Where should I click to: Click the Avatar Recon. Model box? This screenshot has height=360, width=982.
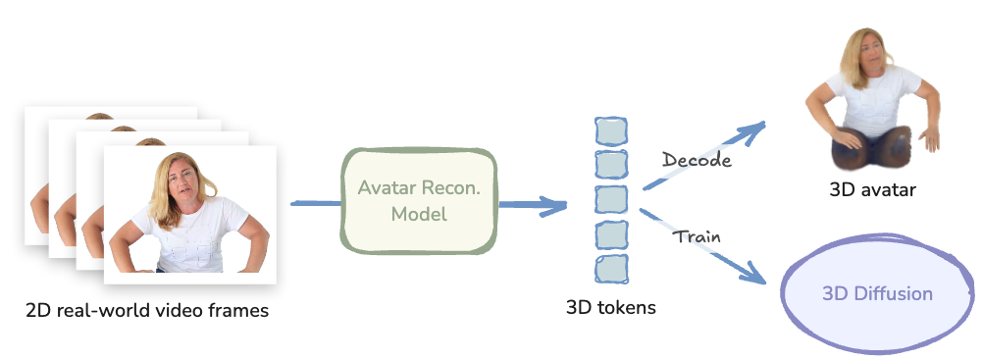(x=419, y=200)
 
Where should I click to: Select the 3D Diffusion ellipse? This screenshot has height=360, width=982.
(x=877, y=294)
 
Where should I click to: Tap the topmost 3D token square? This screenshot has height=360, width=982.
(x=611, y=131)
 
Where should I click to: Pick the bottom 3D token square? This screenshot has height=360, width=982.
(x=611, y=267)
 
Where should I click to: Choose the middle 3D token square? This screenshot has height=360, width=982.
(x=611, y=199)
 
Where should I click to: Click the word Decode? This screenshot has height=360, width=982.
(x=697, y=160)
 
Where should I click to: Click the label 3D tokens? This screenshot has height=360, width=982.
(x=611, y=308)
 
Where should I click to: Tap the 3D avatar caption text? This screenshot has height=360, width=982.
(x=872, y=189)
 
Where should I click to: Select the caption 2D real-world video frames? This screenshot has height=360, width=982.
(x=147, y=312)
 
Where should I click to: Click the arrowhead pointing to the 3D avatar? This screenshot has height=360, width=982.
(x=755, y=129)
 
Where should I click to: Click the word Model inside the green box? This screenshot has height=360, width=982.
(x=419, y=214)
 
